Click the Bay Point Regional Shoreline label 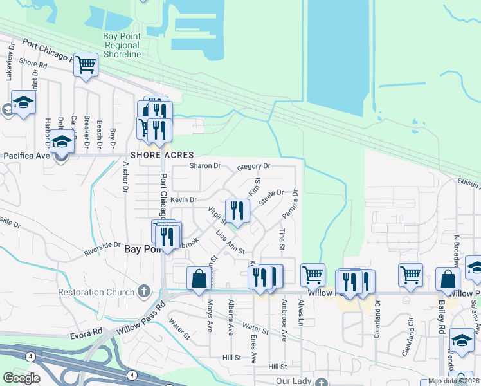[x=122, y=46]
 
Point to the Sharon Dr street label [x=205, y=165]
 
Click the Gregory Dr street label [x=253, y=166]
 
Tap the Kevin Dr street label [x=183, y=200]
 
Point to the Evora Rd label [x=87, y=332]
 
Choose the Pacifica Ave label [x=27, y=156]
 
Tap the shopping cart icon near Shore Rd [x=85, y=64]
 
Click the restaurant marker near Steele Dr [x=237, y=210]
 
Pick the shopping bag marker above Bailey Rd [x=448, y=279]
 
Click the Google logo [x=22, y=378]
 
